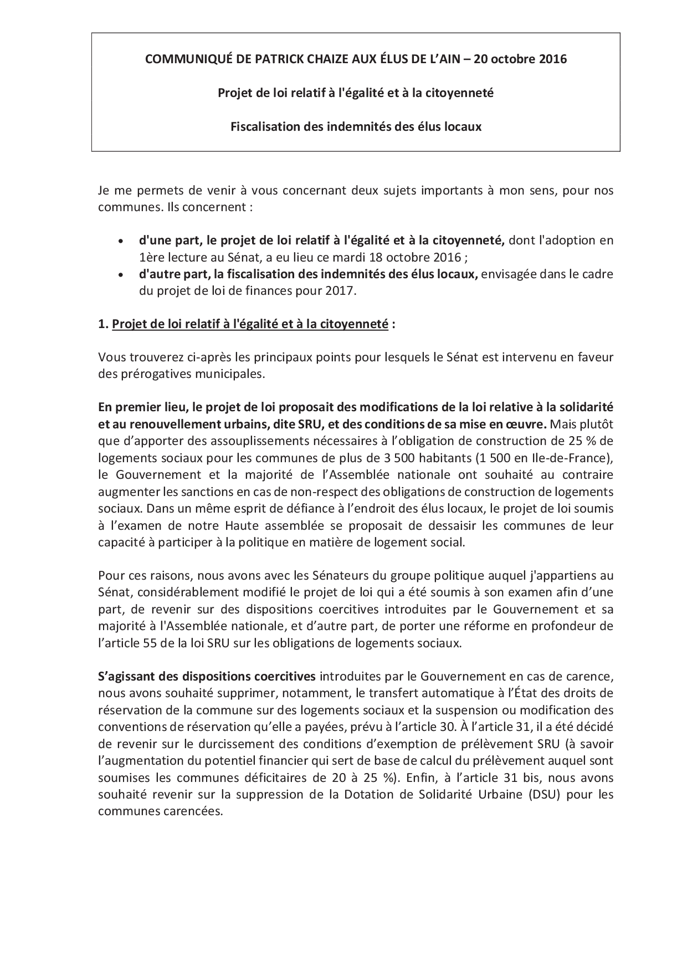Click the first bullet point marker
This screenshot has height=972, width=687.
[121, 241]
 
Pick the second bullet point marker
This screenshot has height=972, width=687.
[121, 275]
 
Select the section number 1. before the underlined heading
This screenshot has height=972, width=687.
[103, 325]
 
